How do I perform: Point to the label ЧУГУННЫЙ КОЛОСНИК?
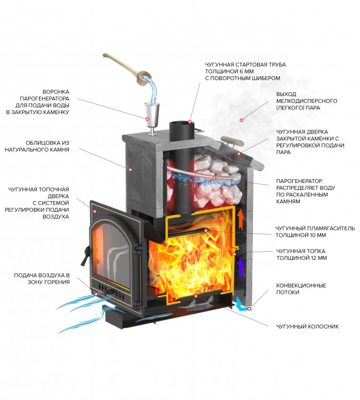307,326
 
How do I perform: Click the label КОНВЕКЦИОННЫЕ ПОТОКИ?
298,289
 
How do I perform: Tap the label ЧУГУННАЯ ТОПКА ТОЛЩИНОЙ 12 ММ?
302,254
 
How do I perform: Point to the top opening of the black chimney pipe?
179,124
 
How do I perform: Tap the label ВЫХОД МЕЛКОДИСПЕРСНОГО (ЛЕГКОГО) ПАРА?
303,101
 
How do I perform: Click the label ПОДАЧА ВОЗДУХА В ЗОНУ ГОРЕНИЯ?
42,278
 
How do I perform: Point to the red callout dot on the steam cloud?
242,119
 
